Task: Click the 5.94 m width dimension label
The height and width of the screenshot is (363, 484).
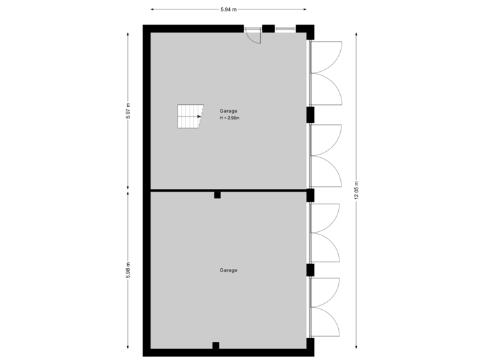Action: point(229,9)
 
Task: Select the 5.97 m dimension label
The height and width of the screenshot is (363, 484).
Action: point(128,111)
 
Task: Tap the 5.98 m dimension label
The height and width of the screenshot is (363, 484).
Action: point(128,270)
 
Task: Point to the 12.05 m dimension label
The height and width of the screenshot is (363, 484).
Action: point(357,190)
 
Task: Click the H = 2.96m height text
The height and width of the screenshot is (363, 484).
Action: point(229,118)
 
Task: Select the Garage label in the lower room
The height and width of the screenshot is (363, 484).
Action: point(228,270)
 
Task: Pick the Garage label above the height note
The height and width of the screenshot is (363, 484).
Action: point(228,111)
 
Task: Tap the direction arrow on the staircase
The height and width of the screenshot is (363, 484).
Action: point(199,116)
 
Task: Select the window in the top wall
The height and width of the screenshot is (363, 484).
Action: point(284,28)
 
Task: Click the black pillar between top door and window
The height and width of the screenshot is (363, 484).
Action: point(268,28)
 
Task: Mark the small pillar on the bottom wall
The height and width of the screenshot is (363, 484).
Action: point(216,346)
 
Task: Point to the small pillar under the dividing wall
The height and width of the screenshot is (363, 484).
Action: point(217,195)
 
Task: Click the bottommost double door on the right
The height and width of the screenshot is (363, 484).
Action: point(325,308)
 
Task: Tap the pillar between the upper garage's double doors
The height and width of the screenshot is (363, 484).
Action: point(311,115)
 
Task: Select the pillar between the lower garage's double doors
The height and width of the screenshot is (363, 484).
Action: point(311,270)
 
